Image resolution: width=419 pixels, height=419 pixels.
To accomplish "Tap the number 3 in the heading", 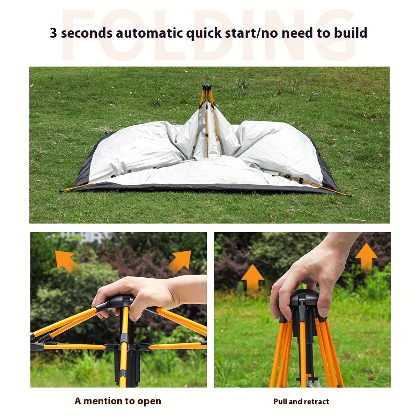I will point(53,33).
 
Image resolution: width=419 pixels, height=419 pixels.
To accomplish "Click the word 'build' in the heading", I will point(350,33).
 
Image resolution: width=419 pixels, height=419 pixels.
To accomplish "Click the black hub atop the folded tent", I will point(207,87).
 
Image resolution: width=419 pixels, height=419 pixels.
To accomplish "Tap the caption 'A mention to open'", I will point(118,401).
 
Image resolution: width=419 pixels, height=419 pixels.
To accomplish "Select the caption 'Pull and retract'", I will point(301,402).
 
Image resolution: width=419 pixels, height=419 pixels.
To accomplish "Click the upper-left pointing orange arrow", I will point(65,260).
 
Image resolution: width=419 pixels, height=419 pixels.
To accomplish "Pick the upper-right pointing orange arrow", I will point(181,261).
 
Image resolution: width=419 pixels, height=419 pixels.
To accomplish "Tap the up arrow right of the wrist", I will point(366,257).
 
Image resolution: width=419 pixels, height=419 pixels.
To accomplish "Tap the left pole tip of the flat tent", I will point(61,191).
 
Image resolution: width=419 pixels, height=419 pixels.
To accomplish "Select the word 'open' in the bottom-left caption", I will point(150,401).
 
